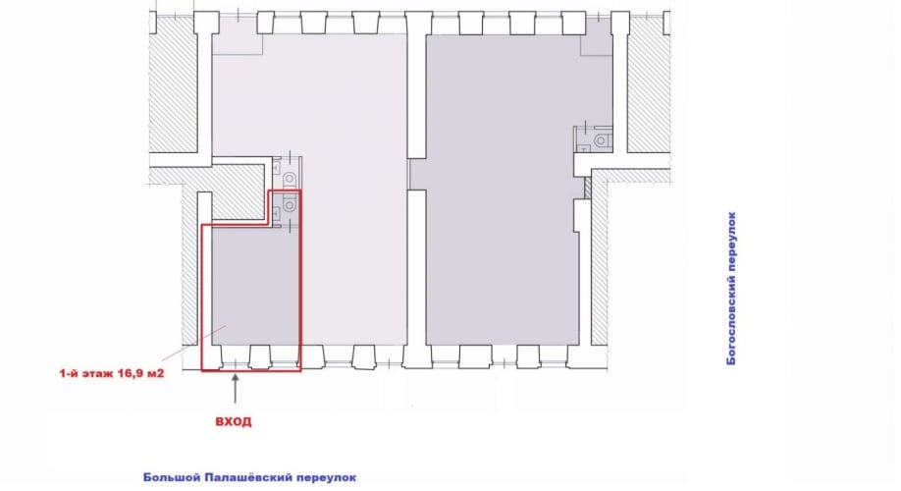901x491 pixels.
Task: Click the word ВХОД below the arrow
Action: pos(234,421)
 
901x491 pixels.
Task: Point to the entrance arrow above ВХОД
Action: pos(235,389)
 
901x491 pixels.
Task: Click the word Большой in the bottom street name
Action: pos(171,478)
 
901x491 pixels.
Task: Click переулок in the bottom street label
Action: pos(325,478)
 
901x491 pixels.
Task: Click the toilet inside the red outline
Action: pos(289,204)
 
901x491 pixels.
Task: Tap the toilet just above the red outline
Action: pos(289,174)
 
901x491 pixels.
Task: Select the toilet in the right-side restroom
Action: pos(601,140)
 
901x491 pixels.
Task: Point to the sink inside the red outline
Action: pos(276,213)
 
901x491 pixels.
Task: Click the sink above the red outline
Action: pos(276,168)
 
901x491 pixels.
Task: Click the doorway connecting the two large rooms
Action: pos(416,174)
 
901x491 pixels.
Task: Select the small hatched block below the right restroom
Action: pos(587,188)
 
